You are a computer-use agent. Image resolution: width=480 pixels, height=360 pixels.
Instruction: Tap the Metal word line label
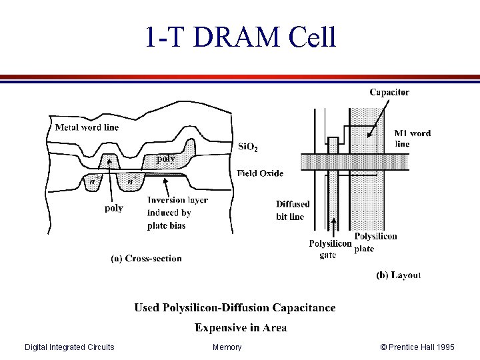pos(87,127)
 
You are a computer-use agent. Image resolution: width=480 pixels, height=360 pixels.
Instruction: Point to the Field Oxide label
pos(260,173)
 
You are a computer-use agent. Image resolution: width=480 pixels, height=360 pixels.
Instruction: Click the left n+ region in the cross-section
pos(95,181)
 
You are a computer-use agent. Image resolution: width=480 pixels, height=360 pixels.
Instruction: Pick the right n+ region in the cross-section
pos(133,180)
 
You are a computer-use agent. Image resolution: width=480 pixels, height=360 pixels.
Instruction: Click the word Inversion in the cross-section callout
pos(165,200)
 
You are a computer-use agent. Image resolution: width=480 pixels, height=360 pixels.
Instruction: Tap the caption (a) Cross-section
pos(146,259)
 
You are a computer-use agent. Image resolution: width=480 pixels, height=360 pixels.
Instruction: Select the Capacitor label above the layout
pos(389,93)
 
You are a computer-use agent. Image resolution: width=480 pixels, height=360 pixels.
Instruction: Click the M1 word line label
pos(412,138)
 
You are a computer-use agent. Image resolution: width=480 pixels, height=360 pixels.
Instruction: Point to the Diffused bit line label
pos(293,210)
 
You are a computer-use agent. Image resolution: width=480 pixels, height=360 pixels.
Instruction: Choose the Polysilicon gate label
pos(329,249)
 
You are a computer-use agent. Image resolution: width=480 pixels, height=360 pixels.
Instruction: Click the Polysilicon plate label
pos(375,242)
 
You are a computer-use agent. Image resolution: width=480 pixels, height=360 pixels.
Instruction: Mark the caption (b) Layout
pos(399,275)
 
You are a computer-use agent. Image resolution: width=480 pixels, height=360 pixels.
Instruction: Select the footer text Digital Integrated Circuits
pos(69,347)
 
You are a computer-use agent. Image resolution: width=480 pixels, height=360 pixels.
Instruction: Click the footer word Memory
pos(227,347)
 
